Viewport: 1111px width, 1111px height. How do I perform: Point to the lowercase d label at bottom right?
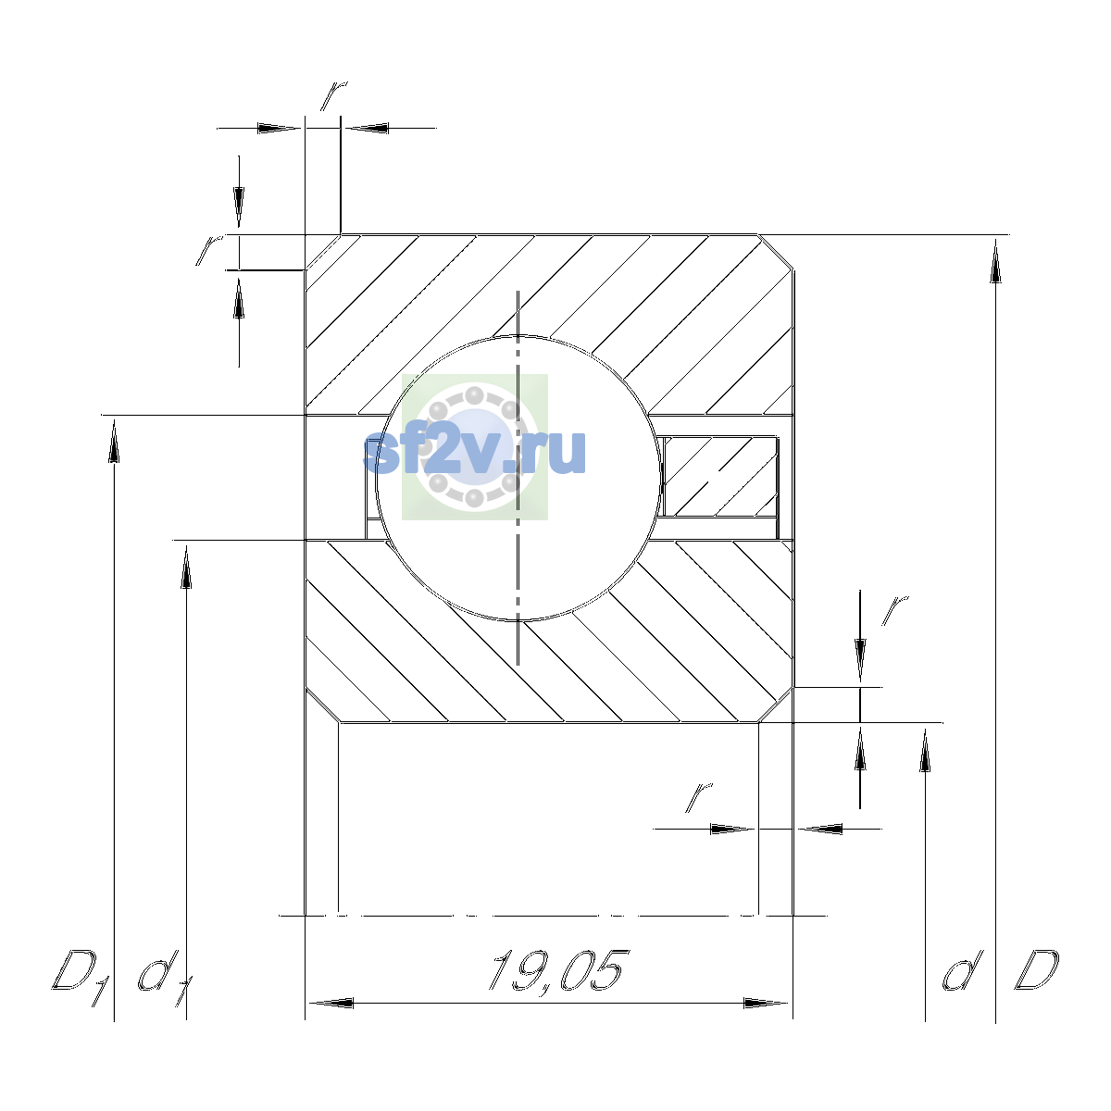tap(962, 971)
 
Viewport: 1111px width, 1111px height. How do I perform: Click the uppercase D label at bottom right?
tap(1036, 970)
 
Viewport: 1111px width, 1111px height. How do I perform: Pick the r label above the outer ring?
tap(334, 95)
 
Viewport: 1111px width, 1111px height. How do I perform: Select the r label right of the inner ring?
tap(894, 610)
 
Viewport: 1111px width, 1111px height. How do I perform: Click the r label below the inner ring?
tap(699, 798)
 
